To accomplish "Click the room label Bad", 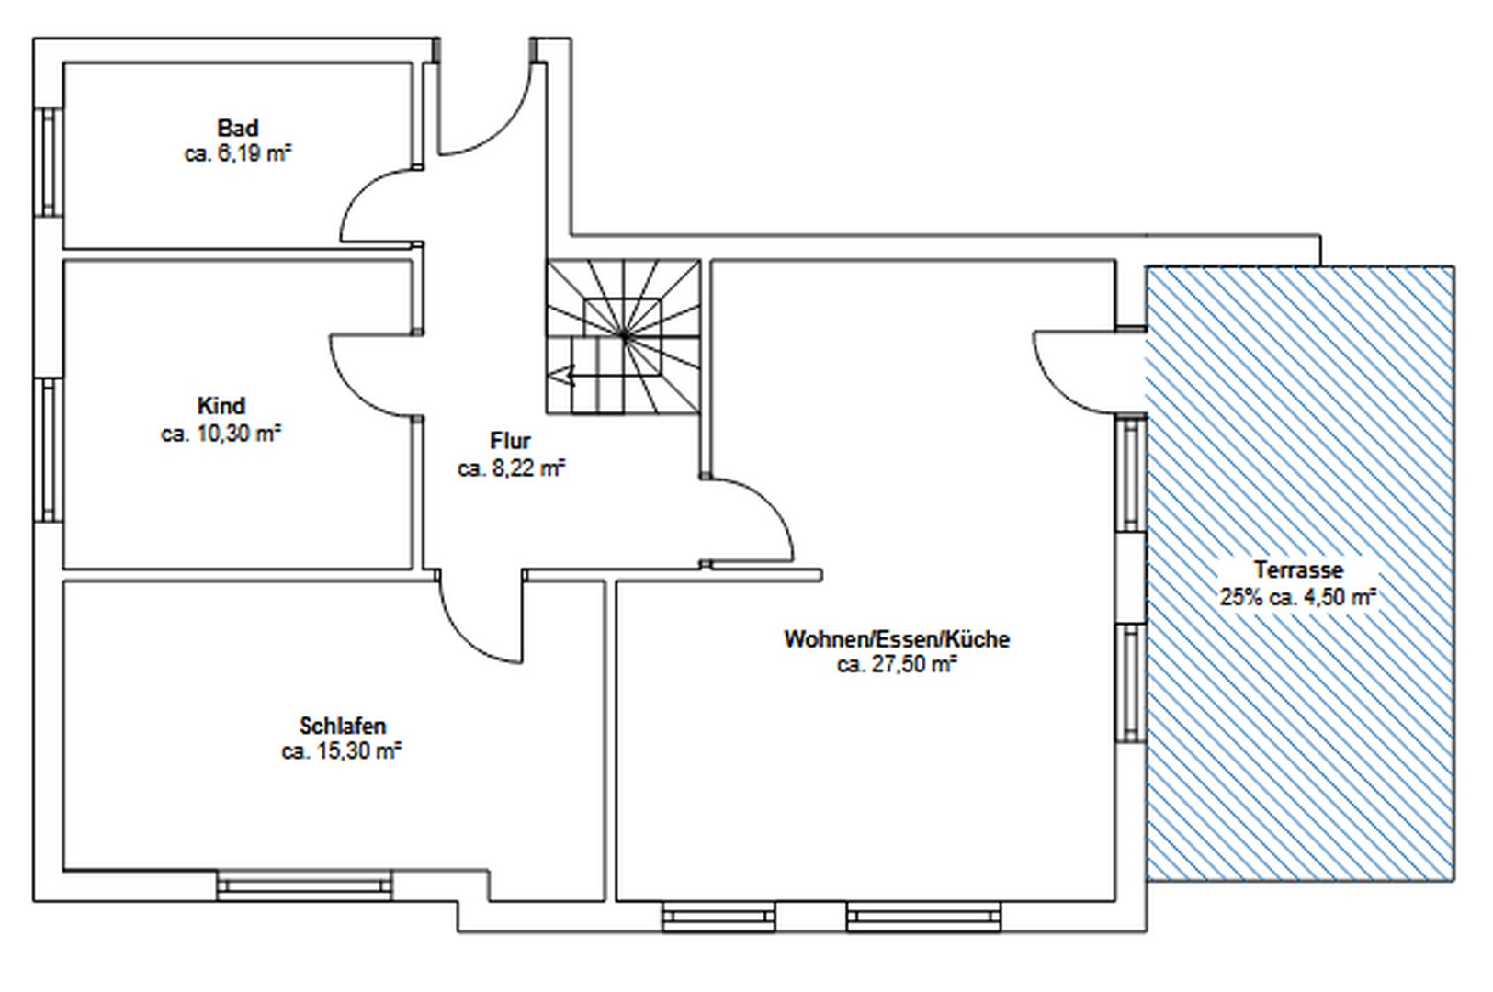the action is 237,128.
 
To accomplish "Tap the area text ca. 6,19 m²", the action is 238,154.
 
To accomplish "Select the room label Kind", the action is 221,406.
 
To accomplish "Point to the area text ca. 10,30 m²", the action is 221,434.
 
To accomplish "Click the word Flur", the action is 511,440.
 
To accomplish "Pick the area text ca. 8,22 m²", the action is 511,468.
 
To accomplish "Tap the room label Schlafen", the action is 343,725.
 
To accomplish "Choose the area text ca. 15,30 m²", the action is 342,751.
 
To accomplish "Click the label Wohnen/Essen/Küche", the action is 897,639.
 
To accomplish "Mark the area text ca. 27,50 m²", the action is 897,665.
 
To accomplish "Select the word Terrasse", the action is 1298,569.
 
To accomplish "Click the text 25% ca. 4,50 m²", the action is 1298,597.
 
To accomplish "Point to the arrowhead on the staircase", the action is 566,376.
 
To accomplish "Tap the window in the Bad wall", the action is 49,163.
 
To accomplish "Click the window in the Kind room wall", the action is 49,450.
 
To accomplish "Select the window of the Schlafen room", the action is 305,885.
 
